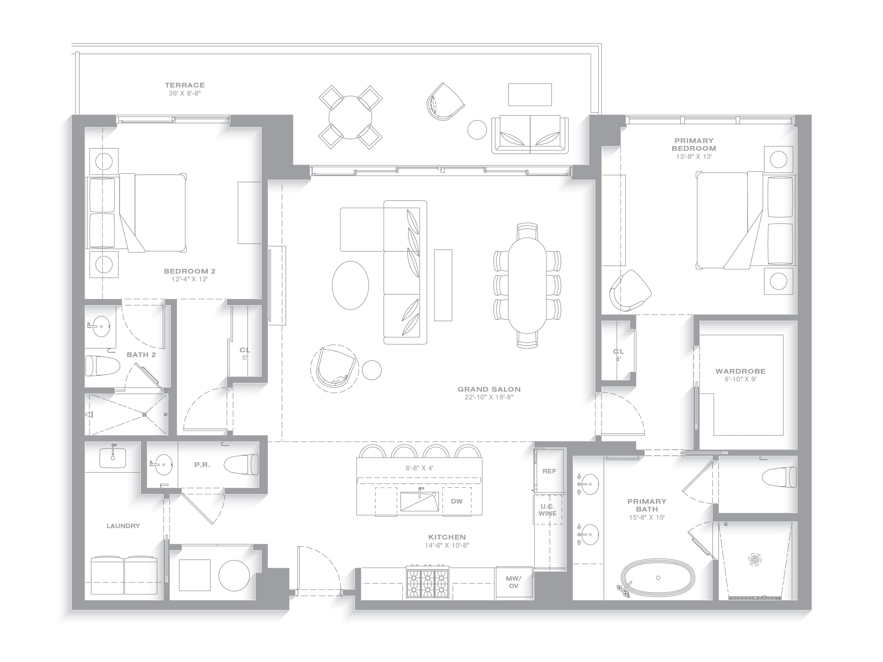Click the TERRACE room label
(185, 85)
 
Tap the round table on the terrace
(350, 117)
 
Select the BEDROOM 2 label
(189, 271)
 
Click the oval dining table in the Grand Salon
(527, 285)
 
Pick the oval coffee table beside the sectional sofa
(351, 285)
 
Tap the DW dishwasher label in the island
(457, 501)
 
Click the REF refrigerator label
(549, 471)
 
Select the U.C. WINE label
(547, 510)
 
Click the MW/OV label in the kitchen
(513, 582)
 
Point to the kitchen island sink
(419, 501)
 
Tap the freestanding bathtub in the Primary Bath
(657, 578)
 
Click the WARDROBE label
(741, 371)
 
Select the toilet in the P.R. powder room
(241, 465)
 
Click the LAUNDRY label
(123, 526)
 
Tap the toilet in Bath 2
(103, 366)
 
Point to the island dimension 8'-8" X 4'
(419, 468)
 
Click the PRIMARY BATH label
(647, 505)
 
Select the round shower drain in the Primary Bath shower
(755, 559)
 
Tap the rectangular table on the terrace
(530, 95)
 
